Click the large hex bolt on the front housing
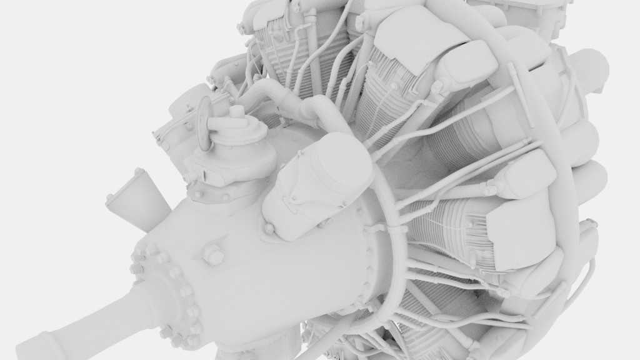pos(213,255)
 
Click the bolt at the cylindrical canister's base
pos(269,229)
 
